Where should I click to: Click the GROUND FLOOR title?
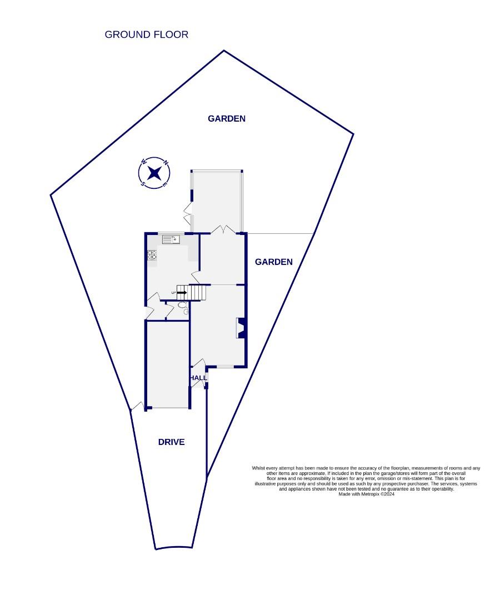(147, 34)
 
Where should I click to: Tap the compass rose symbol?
(154, 173)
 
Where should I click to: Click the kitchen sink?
(171, 239)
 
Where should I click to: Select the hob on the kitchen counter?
(152, 256)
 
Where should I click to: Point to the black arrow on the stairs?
(182, 292)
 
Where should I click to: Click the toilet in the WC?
(183, 307)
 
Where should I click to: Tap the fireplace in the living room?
(241, 328)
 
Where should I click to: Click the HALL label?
(198, 378)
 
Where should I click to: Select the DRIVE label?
(171, 442)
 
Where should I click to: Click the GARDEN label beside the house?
(273, 262)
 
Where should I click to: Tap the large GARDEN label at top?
(227, 118)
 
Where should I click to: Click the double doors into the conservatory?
(222, 229)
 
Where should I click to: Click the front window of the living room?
(225, 367)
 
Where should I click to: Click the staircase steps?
(197, 292)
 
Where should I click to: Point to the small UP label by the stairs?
(173, 292)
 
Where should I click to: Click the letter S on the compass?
(143, 184)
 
